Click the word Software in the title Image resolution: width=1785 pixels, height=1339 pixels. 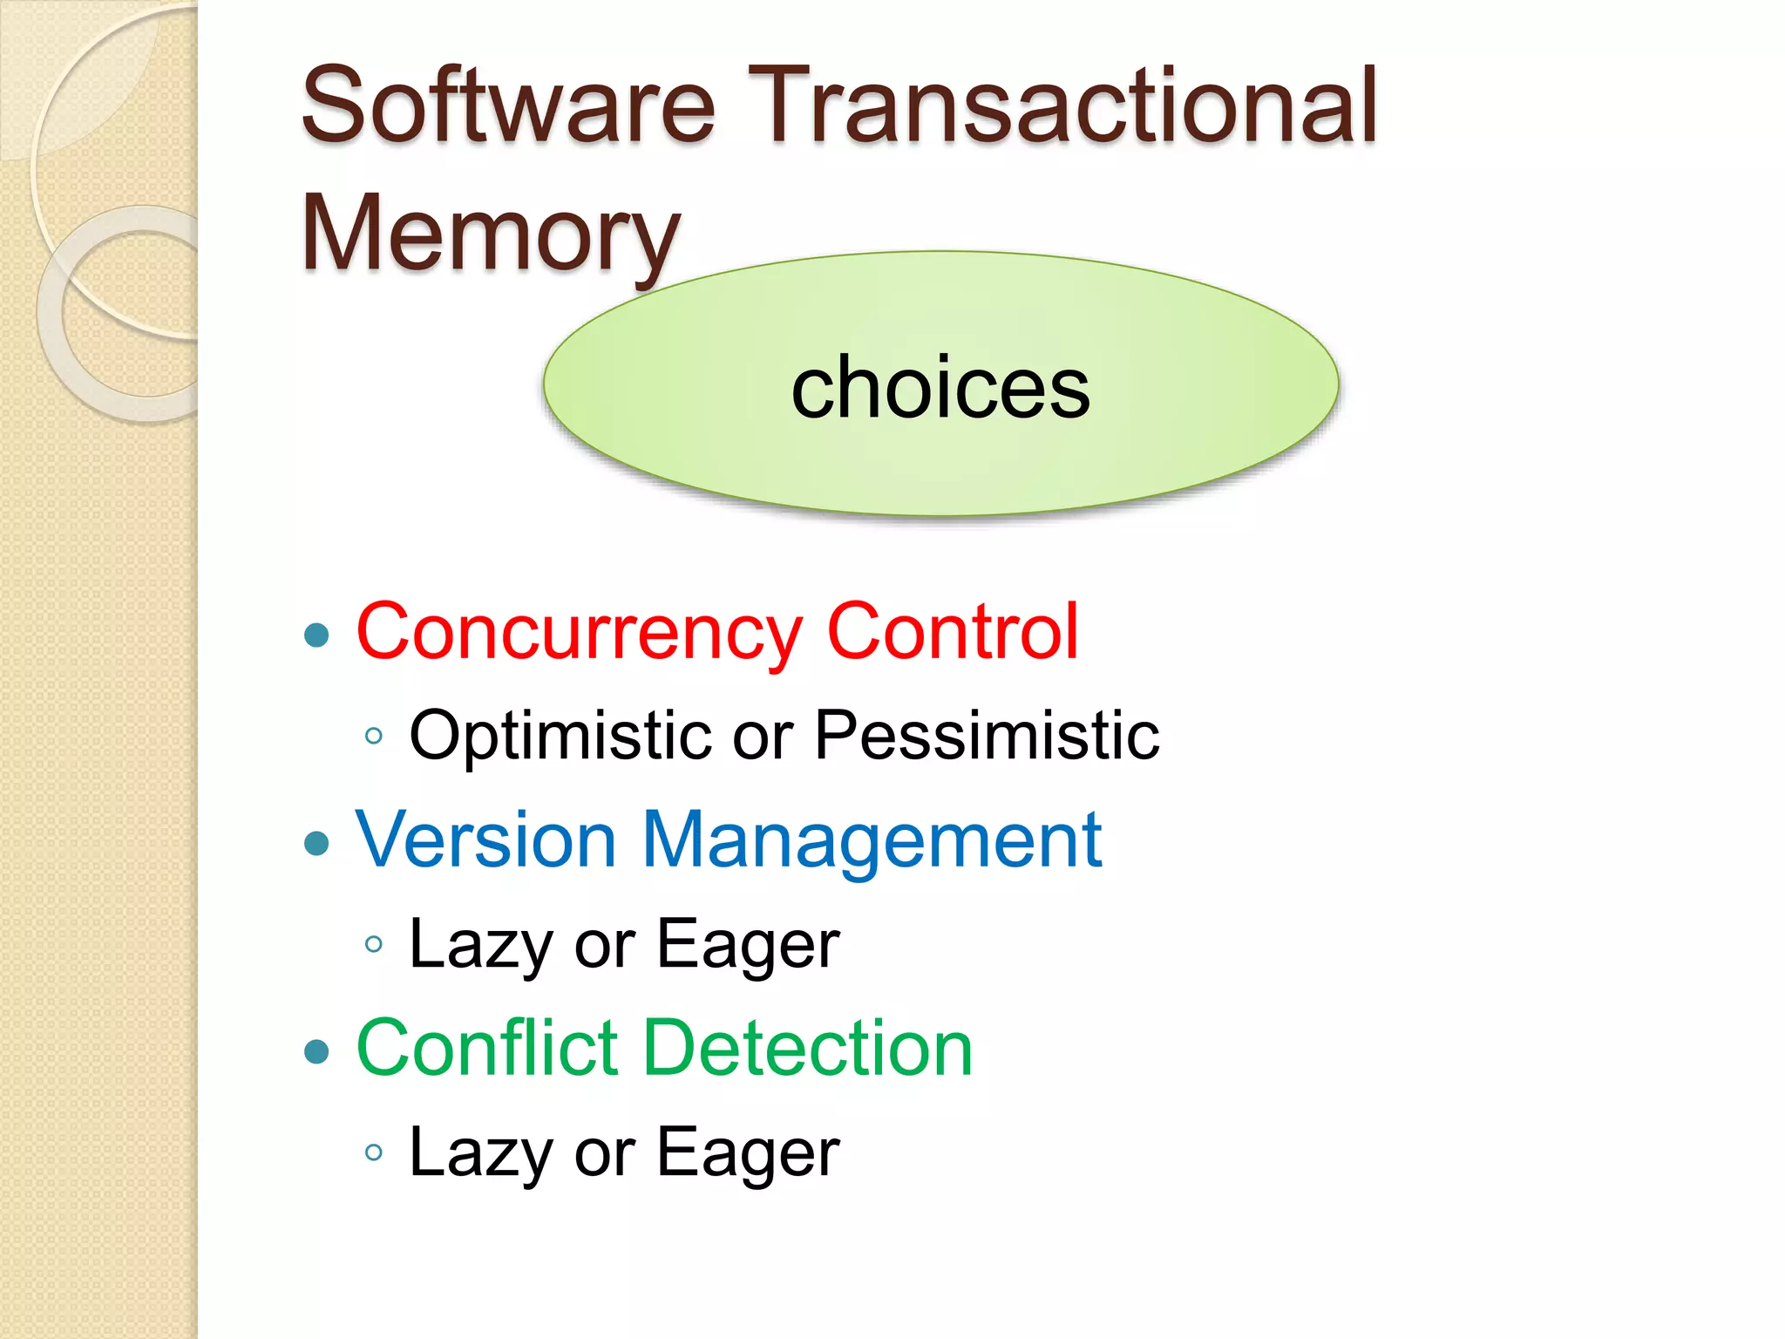pyautogui.click(x=509, y=106)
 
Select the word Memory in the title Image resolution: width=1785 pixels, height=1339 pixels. pyautogui.click(x=490, y=234)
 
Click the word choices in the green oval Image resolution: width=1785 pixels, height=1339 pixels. pyautogui.click(x=940, y=387)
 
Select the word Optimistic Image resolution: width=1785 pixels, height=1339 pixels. pyautogui.click(x=560, y=735)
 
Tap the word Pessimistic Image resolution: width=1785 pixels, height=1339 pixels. pyautogui.click(x=987, y=735)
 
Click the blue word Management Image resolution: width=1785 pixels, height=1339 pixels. pyautogui.click(x=872, y=841)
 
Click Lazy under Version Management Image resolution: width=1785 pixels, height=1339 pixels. pyautogui.click(x=479, y=945)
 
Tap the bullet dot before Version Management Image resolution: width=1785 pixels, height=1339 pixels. pyautogui.click(x=317, y=843)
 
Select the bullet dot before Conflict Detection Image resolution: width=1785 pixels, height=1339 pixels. pyautogui.click(x=317, y=1051)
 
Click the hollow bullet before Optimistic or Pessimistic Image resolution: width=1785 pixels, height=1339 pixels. pyautogui.click(x=374, y=736)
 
